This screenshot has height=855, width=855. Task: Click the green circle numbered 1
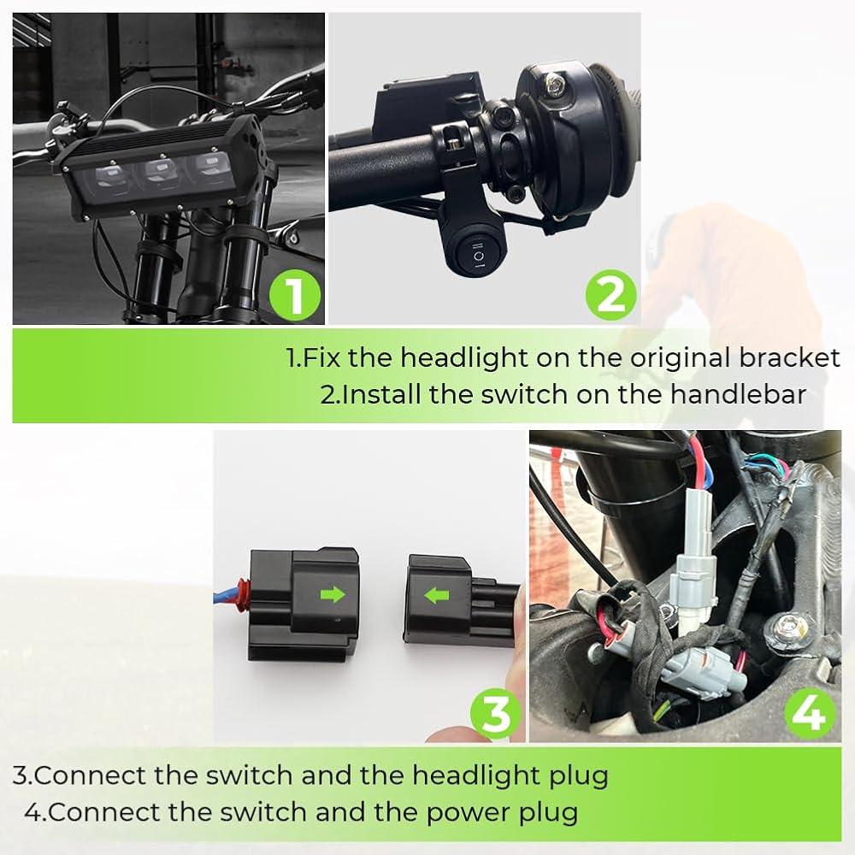tap(295, 295)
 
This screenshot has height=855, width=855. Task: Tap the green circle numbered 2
tap(610, 295)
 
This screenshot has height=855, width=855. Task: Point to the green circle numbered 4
tap(810, 713)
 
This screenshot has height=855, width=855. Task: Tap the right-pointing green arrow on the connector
tap(333, 594)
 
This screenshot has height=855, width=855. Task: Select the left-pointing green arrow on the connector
tap(436, 595)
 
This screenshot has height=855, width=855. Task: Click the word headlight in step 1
tap(464, 358)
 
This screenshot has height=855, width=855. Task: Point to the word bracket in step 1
tap(789, 357)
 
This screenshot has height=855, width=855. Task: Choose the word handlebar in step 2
tap(738, 394)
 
